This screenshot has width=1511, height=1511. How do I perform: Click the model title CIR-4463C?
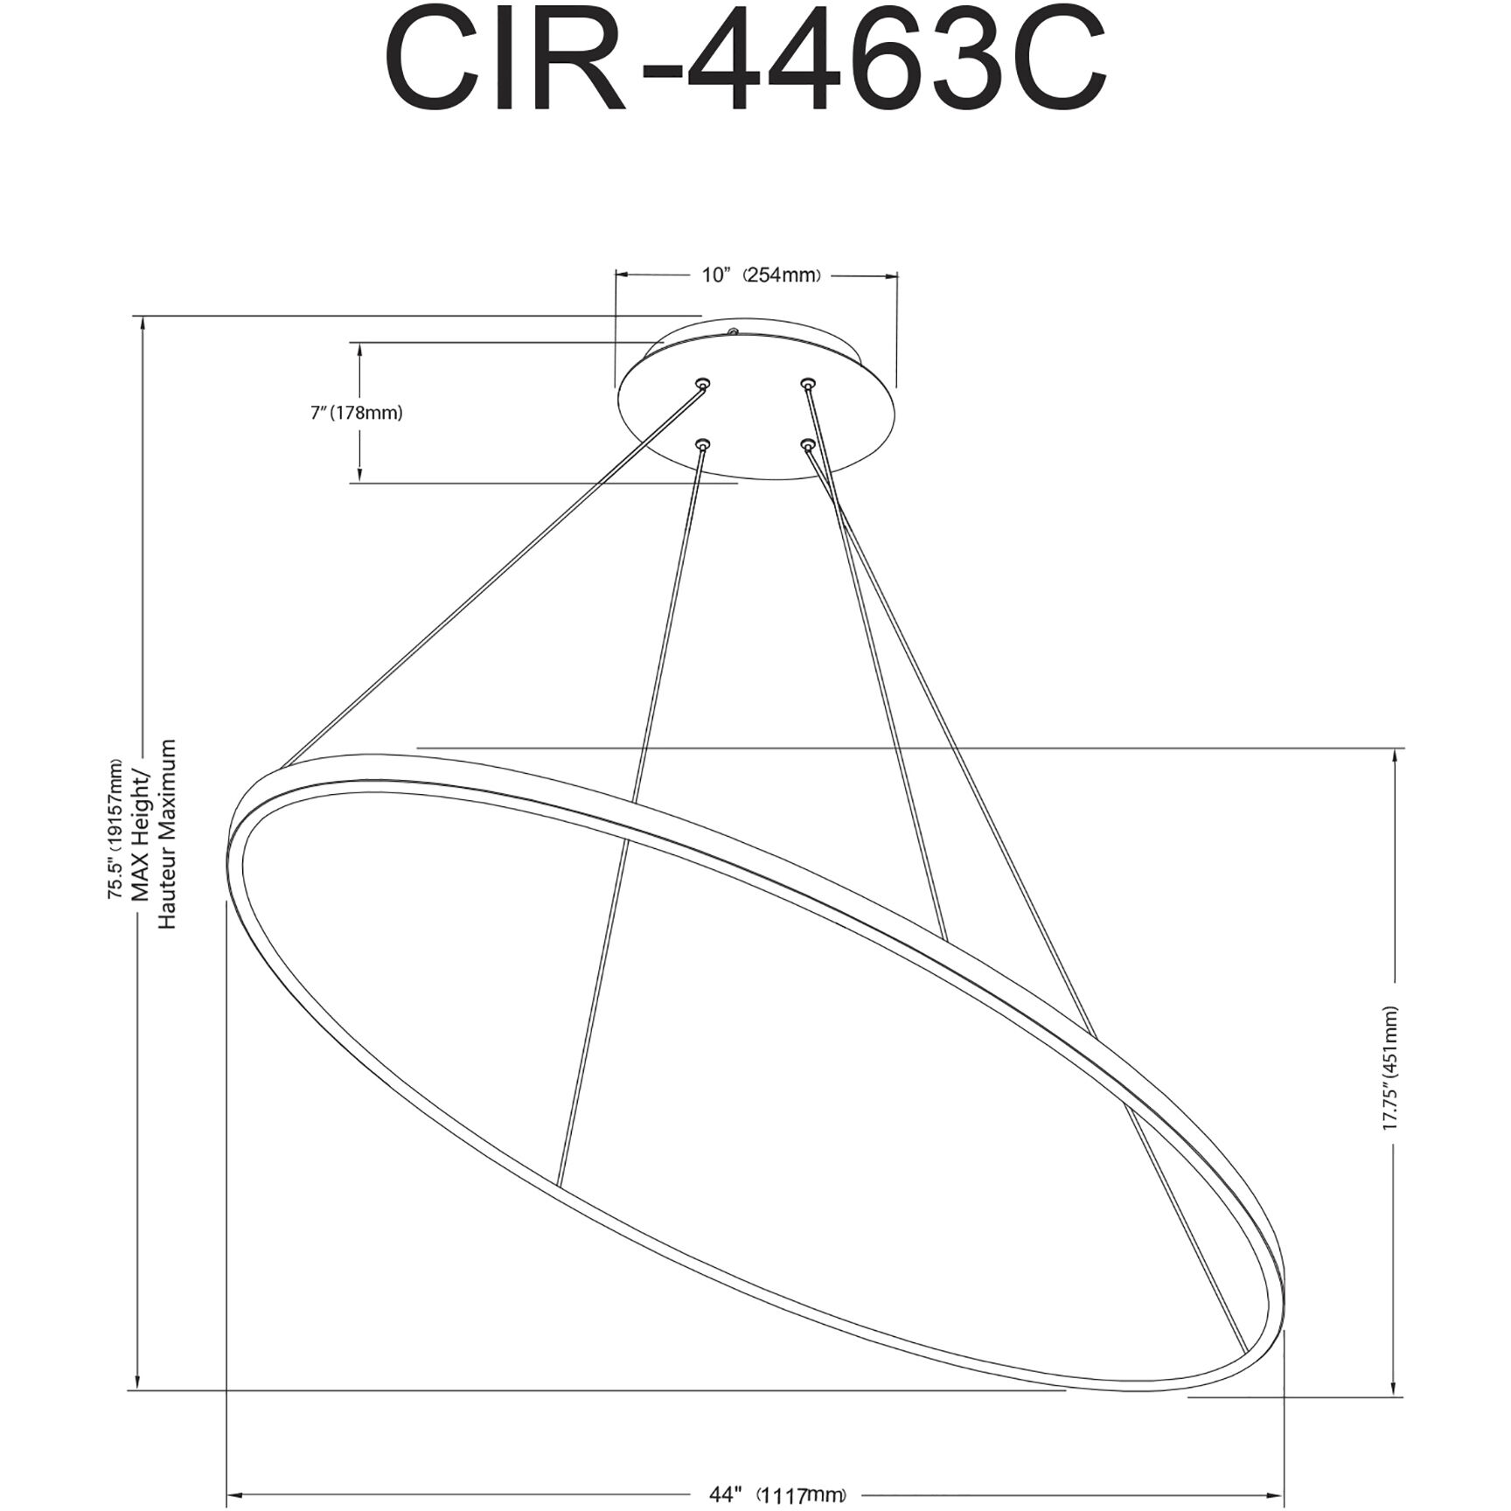[x=745, y=62]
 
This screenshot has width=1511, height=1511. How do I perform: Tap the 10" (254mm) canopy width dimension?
[x=762, y=275]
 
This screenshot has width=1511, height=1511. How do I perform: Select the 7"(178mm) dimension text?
[x=357, y=413]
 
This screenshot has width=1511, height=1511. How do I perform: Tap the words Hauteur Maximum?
[x=167, y=834]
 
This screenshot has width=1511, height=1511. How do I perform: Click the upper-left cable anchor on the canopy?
[x=702, y=383]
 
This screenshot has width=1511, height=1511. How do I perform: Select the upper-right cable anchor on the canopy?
[x=808, y=383]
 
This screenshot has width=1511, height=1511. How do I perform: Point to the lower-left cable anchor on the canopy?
[x=702, y=445]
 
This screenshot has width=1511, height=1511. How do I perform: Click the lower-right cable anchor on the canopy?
[x=807, y=445]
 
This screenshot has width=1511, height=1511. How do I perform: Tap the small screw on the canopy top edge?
[x=733, y=332]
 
